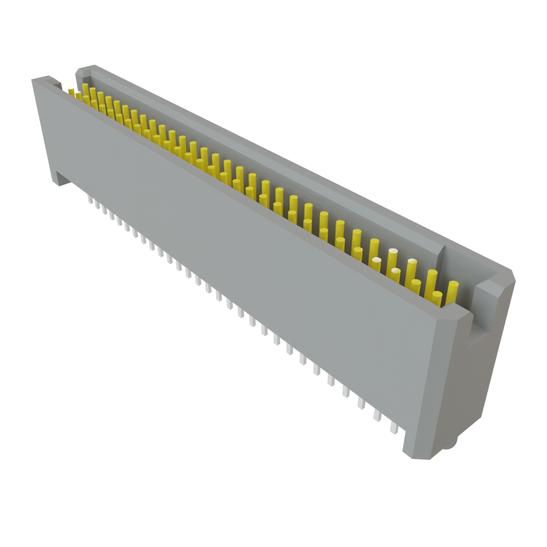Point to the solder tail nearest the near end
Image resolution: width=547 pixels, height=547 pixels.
click(x=394, y=427)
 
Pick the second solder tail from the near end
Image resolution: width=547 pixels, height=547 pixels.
click(x=377, y=415)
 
